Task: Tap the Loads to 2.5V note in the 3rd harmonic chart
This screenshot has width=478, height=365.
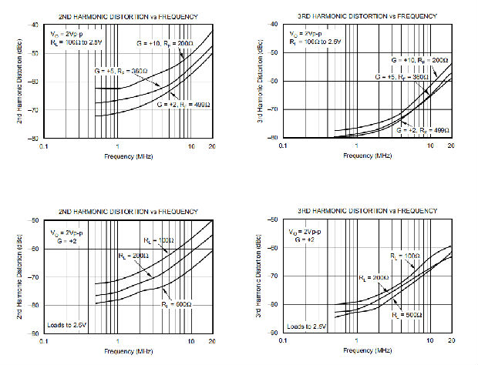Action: coord(308,326)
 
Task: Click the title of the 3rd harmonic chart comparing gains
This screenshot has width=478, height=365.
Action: coord(366,15)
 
